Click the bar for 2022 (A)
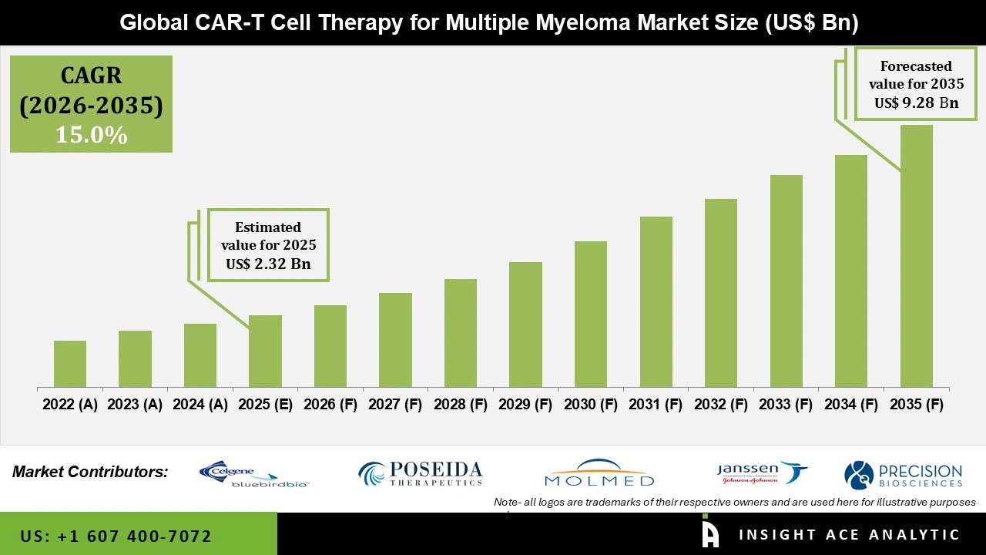70,364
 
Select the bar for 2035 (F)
916,256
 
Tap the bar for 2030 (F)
591,314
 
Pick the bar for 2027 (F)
395,340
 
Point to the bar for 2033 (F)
786,281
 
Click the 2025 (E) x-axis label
265,405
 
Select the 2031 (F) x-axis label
656,405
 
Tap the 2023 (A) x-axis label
135,405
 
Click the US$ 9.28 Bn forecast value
916,103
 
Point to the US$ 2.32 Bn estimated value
268,264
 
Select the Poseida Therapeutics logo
421,473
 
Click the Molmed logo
599,473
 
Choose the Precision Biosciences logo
903,474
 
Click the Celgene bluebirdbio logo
253,474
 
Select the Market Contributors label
90,472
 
